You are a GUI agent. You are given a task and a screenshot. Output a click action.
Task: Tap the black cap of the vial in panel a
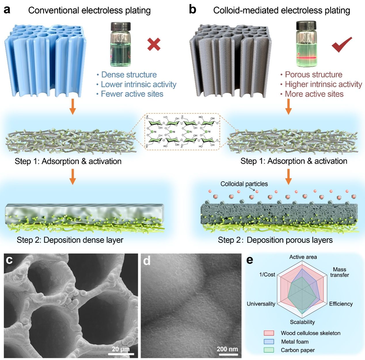tap(121, 26)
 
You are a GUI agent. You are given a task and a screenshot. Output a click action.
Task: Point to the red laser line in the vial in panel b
tap(306, 58)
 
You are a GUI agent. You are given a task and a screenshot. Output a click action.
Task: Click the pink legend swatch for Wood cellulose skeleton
tap(269, 333)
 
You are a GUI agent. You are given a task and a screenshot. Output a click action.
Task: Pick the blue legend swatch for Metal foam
tap(269, 342)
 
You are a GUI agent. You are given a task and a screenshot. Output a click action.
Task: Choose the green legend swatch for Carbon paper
tap(269, 350)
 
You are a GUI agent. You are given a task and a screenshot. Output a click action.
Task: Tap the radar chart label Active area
tap(303, 257)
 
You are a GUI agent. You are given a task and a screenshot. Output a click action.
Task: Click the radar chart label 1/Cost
tap(267, 275)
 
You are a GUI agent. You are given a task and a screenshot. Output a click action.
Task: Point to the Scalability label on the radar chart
tap(302, 322)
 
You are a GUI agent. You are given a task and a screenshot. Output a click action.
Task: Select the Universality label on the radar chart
tap(261, 304)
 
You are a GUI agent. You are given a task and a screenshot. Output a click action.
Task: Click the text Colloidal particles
tap(244, 184)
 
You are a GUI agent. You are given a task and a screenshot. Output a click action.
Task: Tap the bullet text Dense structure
tap(129, 75)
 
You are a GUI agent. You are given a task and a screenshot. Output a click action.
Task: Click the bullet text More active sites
tap(314, 94)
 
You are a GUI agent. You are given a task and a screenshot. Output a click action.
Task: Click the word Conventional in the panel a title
tap(54, 11)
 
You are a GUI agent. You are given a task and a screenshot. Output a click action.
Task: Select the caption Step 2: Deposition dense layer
tap(70, 240)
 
